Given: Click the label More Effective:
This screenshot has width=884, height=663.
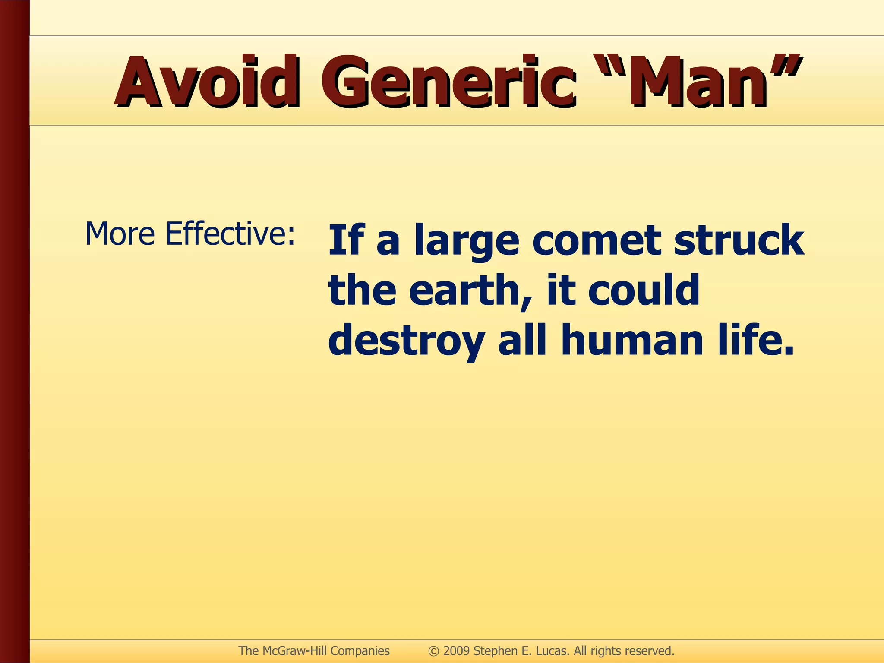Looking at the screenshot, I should [x=190, y=234].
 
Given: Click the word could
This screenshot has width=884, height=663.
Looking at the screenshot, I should [x=643, y=290].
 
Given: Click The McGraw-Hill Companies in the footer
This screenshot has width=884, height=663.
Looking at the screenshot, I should [x=314, y=650].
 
